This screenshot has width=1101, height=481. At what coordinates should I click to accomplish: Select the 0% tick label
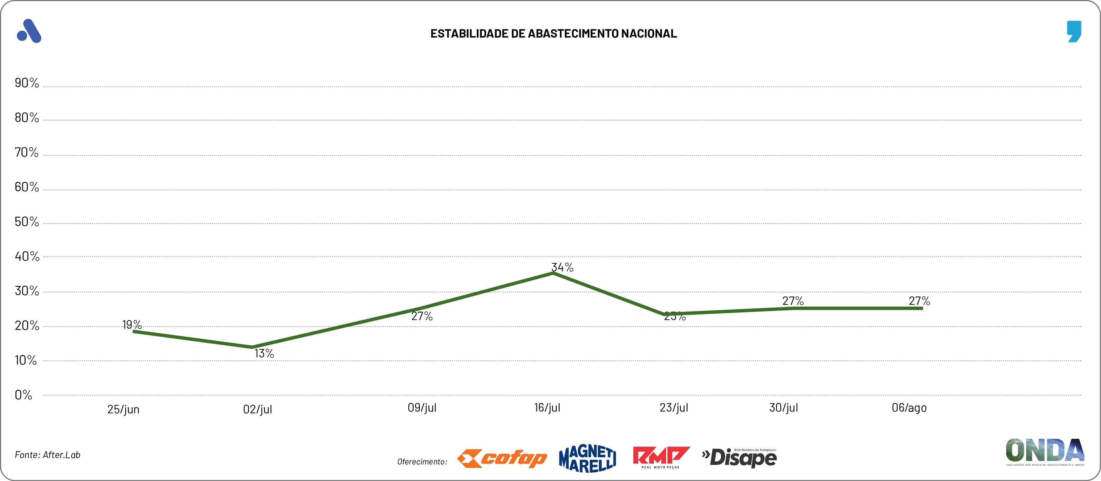(24, 395)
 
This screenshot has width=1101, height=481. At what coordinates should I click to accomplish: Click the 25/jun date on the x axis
(123, 409)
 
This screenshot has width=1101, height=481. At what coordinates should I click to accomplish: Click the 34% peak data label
(562, 268)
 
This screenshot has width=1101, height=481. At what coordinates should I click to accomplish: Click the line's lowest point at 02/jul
(252, 347)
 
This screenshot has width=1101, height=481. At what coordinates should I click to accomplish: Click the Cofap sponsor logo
(502, 459)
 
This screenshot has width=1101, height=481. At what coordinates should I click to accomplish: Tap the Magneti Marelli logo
(588, 459)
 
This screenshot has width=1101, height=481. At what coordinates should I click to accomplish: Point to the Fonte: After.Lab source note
(47, 455)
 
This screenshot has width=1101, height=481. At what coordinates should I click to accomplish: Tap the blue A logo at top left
(29, 31)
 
